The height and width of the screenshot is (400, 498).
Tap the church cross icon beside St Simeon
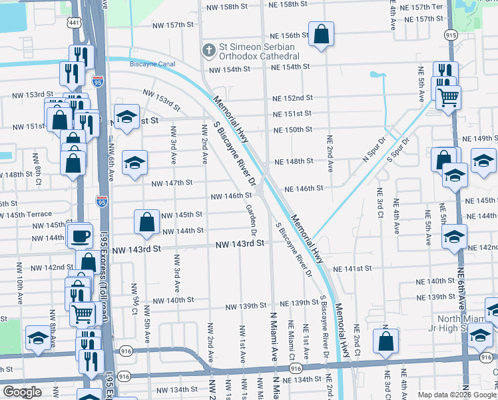click(208, 51)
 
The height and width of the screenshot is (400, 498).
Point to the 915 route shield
click(451, 35)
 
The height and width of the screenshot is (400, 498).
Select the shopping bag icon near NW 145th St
click(146, 223)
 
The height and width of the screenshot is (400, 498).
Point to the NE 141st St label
click(353, 268)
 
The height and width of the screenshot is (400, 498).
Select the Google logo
click(22, 392)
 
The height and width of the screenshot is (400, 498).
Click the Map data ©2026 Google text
click(457, 395)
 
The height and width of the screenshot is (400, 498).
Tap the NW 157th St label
click(170, 25)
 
